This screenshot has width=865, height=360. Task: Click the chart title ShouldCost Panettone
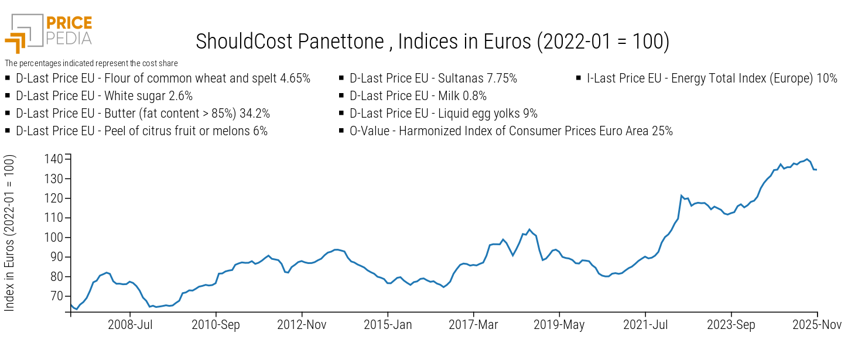[x=432, y=42]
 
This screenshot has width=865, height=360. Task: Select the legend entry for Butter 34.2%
[x=143, y=114]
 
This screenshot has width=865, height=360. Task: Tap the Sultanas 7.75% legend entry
[x=433, y=78]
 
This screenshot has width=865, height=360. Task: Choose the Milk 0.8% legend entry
[x=418, y=96]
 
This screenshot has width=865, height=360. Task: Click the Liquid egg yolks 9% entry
[x=443, y=114]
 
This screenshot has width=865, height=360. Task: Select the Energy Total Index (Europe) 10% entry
[x=712, y=78]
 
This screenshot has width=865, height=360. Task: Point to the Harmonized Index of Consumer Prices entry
[x=511, y=131]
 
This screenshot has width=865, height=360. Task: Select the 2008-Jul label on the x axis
[x=130, y=325]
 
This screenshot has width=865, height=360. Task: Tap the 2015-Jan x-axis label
[x=388, y=325]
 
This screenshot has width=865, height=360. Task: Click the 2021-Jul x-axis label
[x=645, y=325]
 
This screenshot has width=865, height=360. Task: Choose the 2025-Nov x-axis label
[x=816, y=325]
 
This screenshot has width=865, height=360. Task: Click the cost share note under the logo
[x=91, y=63]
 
